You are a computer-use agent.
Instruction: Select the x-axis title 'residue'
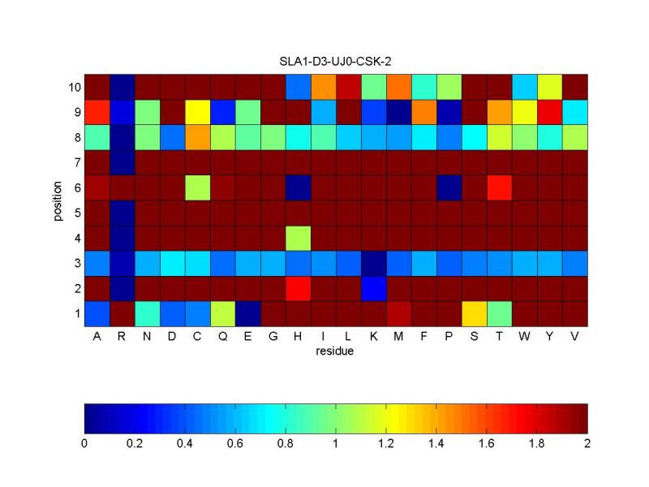click(x=335, y=354)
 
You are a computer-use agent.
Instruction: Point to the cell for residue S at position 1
click(x=474, y=313)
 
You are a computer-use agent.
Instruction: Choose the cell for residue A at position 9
click(x=97, y=112)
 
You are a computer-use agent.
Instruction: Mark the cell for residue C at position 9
click(x=197, y=112)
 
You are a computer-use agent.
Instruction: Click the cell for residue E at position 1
click(x=247, y=313)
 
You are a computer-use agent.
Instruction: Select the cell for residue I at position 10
click(x=323, y=87)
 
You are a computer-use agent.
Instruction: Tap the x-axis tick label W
click(x=525, y=338)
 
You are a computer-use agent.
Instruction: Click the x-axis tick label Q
click(x=222, y=338)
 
